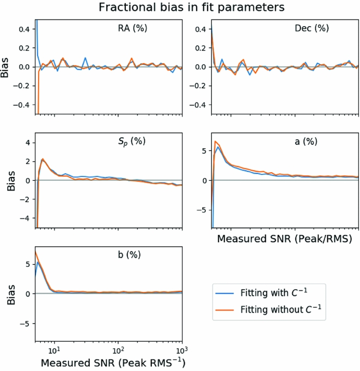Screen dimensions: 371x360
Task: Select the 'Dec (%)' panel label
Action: (310, 28)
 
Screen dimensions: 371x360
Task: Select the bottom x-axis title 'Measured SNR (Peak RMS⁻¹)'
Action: (109, 361)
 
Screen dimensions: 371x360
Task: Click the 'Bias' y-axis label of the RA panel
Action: (6, 67)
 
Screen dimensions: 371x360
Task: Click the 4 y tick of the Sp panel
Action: (27, 142)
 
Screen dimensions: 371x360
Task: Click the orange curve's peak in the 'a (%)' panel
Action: (216, 142)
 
